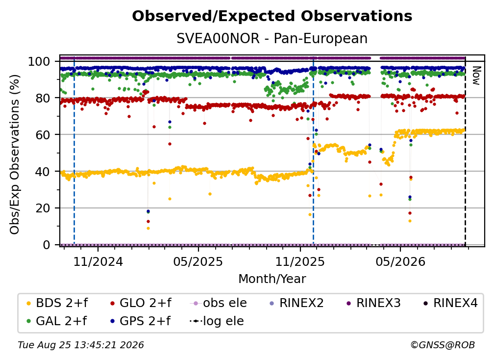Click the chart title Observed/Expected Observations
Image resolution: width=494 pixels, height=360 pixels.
click(x=272, y=16)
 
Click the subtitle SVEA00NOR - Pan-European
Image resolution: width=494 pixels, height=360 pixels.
click(x=272, y=39)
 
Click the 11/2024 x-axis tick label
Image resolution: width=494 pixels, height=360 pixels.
click(x=98, y=262)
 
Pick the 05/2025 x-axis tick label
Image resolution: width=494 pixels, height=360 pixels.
click(x=198, y=262)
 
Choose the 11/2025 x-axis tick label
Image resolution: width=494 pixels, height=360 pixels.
click(x=300, y=262)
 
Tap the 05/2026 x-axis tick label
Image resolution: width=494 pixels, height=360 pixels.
click(x=400, y=262)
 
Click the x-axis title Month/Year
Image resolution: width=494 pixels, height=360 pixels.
click(x=272, y=279)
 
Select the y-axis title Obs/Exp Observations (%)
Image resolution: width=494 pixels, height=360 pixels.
click(x=15, y=154)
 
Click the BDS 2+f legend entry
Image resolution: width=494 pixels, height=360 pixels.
click(x=57, y=303)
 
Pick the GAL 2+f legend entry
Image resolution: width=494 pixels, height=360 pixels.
click(x=57, y=321)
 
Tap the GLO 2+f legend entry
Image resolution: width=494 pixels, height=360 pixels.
click(x=141, y=303)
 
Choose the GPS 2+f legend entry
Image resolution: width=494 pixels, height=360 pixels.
click(x=140, y=321)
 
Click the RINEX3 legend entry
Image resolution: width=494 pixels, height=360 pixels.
click(x=373, y=303)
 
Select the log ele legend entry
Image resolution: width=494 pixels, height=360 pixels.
click(x=217, y=321)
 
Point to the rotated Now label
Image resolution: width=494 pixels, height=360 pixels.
click(x=476, y=76)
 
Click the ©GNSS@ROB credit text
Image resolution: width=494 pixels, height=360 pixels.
click(x=443, y=345)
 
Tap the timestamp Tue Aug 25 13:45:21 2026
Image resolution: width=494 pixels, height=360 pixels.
click(x=81, y=345)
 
